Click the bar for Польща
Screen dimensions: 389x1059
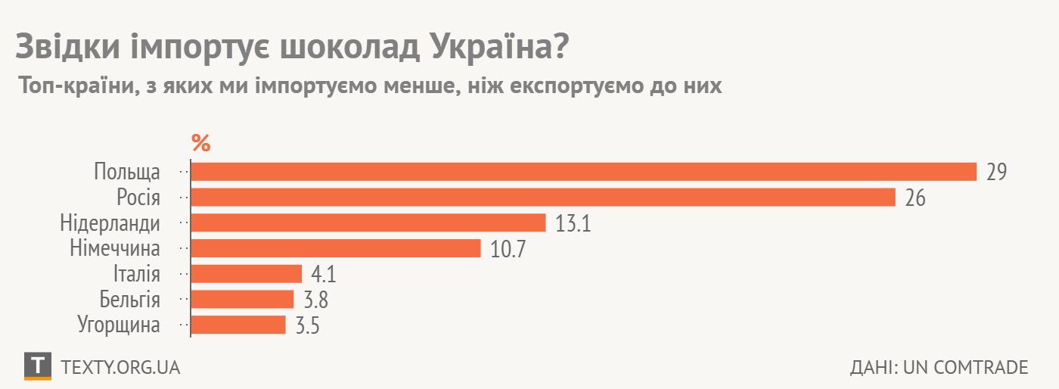(583, 172)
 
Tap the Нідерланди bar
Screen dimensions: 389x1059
(368, 223)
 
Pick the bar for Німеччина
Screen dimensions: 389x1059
(336, 248)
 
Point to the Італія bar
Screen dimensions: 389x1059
(247, 274)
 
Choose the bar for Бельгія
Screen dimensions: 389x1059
(242, 299)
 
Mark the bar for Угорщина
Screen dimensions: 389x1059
(238, 325)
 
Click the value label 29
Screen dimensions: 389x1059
(996, 173)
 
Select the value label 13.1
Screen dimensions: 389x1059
(573, 223)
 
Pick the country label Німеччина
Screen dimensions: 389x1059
(115, 249)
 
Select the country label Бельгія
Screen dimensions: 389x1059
(130, 300)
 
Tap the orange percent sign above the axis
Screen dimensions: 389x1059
(200, 142)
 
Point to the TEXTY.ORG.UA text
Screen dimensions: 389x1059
(120, 367)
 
